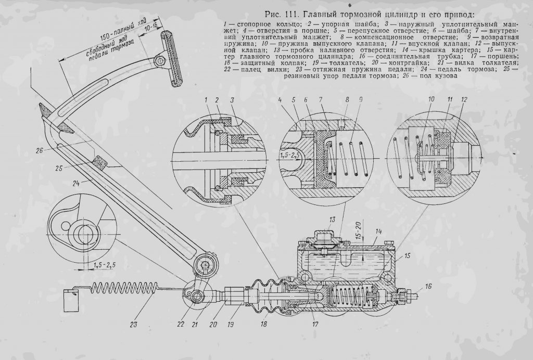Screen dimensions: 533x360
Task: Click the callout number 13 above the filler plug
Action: [x=332, y=220]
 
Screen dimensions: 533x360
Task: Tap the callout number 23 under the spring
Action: [x=133, y=324]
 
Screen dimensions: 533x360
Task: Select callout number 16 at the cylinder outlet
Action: [x=428, y=287]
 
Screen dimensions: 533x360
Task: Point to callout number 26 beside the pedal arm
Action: [x=40, y=150]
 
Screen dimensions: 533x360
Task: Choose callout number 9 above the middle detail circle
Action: [x=361, y=99]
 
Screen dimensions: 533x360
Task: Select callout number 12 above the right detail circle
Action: [x=464, y=99]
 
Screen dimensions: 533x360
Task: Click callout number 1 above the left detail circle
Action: [x=206, y=99]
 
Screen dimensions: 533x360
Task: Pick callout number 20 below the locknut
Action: [x=213, y=324]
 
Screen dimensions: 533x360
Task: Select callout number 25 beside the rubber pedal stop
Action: [x=59, y=168]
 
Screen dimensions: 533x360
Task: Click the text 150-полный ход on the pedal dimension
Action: [x=120, y=33]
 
